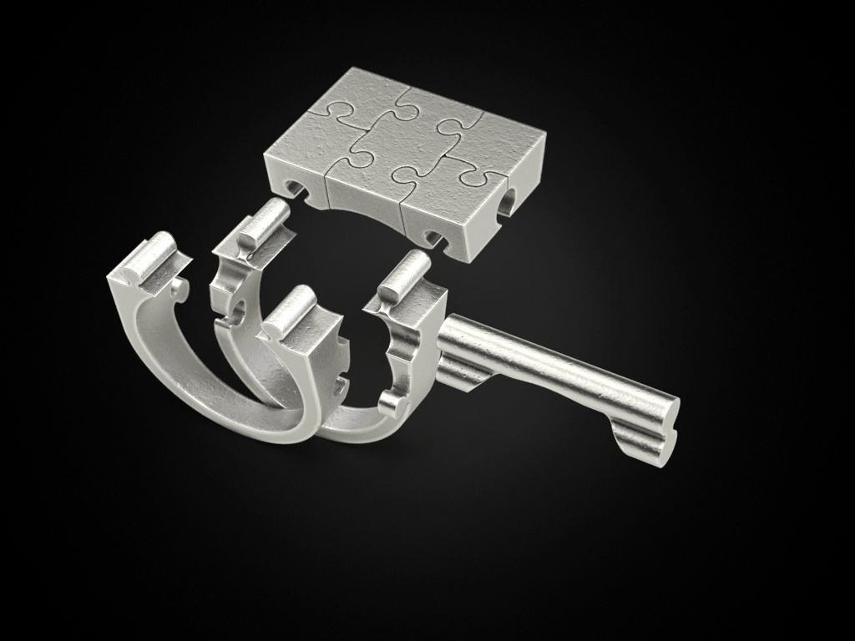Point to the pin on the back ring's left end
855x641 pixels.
click(261, 222)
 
